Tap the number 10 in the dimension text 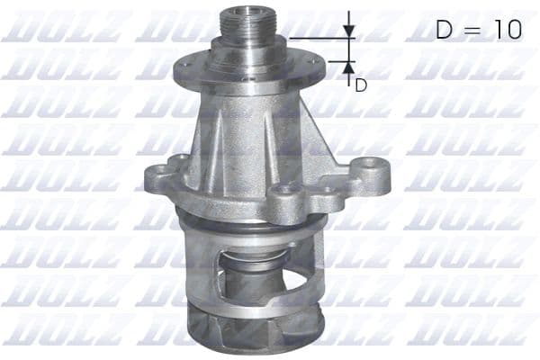click(x=503, y=30)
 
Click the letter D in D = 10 click(x=445, y=30)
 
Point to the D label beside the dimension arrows click(x=360, y=85)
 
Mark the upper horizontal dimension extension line click(x=319, y=39)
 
